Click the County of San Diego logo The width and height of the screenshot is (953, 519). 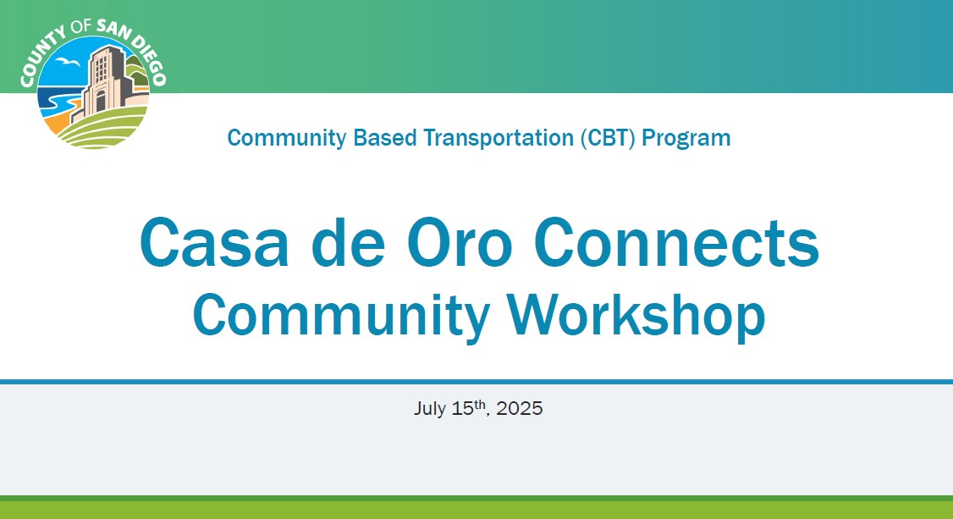pos(93,84)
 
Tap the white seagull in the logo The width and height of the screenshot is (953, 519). pos(68,62)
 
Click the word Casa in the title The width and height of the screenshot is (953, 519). pos(214,242)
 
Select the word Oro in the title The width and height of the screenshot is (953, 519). pos(460,242)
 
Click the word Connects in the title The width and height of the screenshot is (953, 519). pos(676,242)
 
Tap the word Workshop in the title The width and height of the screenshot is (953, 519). pos(636,315)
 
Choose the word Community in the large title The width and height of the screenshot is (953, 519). pos(341,316)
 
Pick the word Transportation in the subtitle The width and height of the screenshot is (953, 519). pos(499,138)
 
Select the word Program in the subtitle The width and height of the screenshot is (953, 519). pos(686,139)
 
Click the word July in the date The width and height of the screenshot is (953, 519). pos(430,408)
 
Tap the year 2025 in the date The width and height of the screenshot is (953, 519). pos(519,408)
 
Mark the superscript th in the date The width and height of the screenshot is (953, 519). pos(480,404)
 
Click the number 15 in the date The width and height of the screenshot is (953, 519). pos(462,408)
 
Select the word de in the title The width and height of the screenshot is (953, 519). pos(348,242)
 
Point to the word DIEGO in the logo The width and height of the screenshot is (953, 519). pos(149,59)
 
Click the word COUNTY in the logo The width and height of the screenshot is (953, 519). pos(41,57)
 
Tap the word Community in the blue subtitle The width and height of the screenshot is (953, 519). pos(287,139)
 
